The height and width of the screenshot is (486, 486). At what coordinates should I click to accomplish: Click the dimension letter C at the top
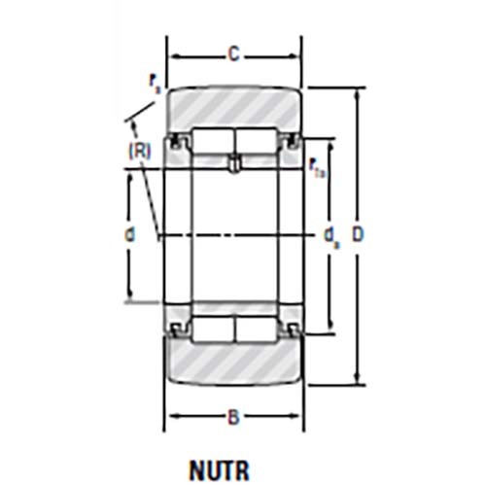[233, 54]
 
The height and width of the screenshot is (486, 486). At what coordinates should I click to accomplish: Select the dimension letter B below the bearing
[233, 418]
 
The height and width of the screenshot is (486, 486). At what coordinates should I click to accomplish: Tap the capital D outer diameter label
[359, 234]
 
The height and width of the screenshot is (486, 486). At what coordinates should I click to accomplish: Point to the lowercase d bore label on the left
[128, 234]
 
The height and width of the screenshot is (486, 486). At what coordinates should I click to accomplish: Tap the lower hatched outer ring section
[233, 363]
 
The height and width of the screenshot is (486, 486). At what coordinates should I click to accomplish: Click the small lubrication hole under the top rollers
[233, 166]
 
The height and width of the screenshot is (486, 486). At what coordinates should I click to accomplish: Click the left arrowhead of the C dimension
[172, 55]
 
